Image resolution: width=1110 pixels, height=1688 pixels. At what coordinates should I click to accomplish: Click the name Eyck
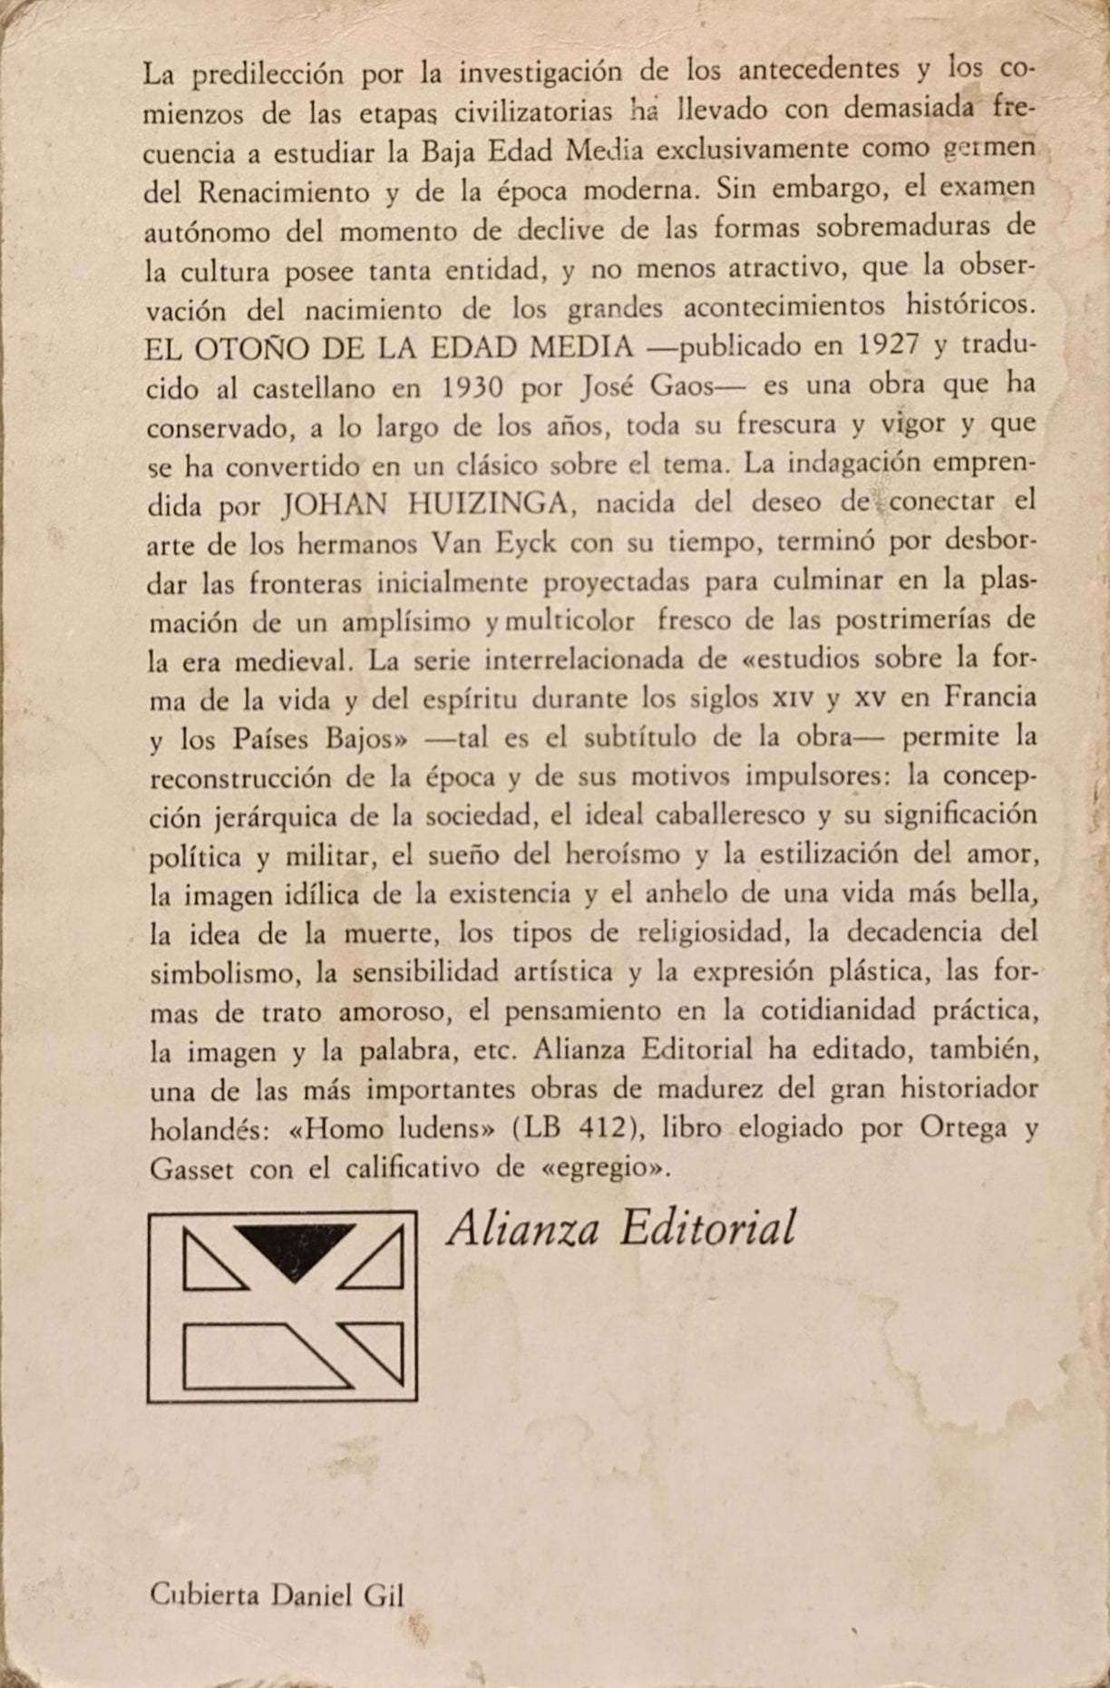[x=585, y=542]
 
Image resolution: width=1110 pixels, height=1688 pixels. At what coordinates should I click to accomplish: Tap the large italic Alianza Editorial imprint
[x=622, y=1229]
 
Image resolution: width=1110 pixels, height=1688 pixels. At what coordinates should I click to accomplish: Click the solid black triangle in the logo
[x=294, y=1247]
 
